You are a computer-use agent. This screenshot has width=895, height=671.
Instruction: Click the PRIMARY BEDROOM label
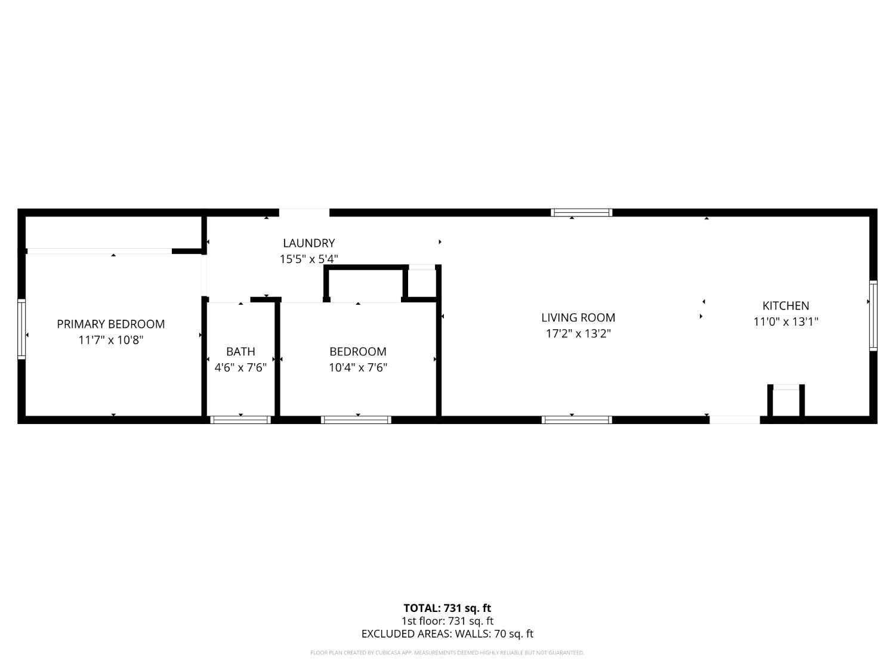tap(110, 324)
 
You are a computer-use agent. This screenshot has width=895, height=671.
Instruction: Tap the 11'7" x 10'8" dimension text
tap(110, 340)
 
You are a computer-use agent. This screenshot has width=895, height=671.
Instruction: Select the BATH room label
tap(240, 351)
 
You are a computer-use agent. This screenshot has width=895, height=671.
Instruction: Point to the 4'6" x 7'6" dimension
tap(240, 367)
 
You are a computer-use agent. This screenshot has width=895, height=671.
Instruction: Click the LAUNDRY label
tap(308, 243)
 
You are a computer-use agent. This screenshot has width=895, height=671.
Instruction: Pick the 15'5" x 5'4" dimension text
tap(308, 259)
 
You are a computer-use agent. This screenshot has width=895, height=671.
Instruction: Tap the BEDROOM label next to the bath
tap(357, 351)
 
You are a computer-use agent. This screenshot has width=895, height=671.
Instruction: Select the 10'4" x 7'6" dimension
tap(357, 367)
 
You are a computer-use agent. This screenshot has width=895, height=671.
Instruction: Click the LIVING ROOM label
tap(578, 317)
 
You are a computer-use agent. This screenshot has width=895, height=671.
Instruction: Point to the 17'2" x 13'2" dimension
tap(578, 333)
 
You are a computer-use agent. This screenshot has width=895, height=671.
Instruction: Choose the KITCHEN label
tap(785, 305)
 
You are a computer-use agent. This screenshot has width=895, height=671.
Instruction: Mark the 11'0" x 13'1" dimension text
tap(785, 321)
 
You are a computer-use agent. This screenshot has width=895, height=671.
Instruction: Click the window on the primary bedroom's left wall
tap(21, 329)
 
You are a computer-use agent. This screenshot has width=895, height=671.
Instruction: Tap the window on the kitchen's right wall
tap(873, 315)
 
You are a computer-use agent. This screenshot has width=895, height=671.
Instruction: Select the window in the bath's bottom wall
tap(240, 420)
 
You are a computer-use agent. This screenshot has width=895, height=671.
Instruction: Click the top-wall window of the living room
tap(581, 212)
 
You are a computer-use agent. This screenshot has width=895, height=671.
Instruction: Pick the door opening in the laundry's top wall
tap(304, 212)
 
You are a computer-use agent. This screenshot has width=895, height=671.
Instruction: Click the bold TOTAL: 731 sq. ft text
tap(447, 608)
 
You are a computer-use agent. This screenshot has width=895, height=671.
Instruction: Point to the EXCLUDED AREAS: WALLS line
tap(447, 633)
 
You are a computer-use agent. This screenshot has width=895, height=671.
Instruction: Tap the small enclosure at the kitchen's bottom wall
tap(786, 402)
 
